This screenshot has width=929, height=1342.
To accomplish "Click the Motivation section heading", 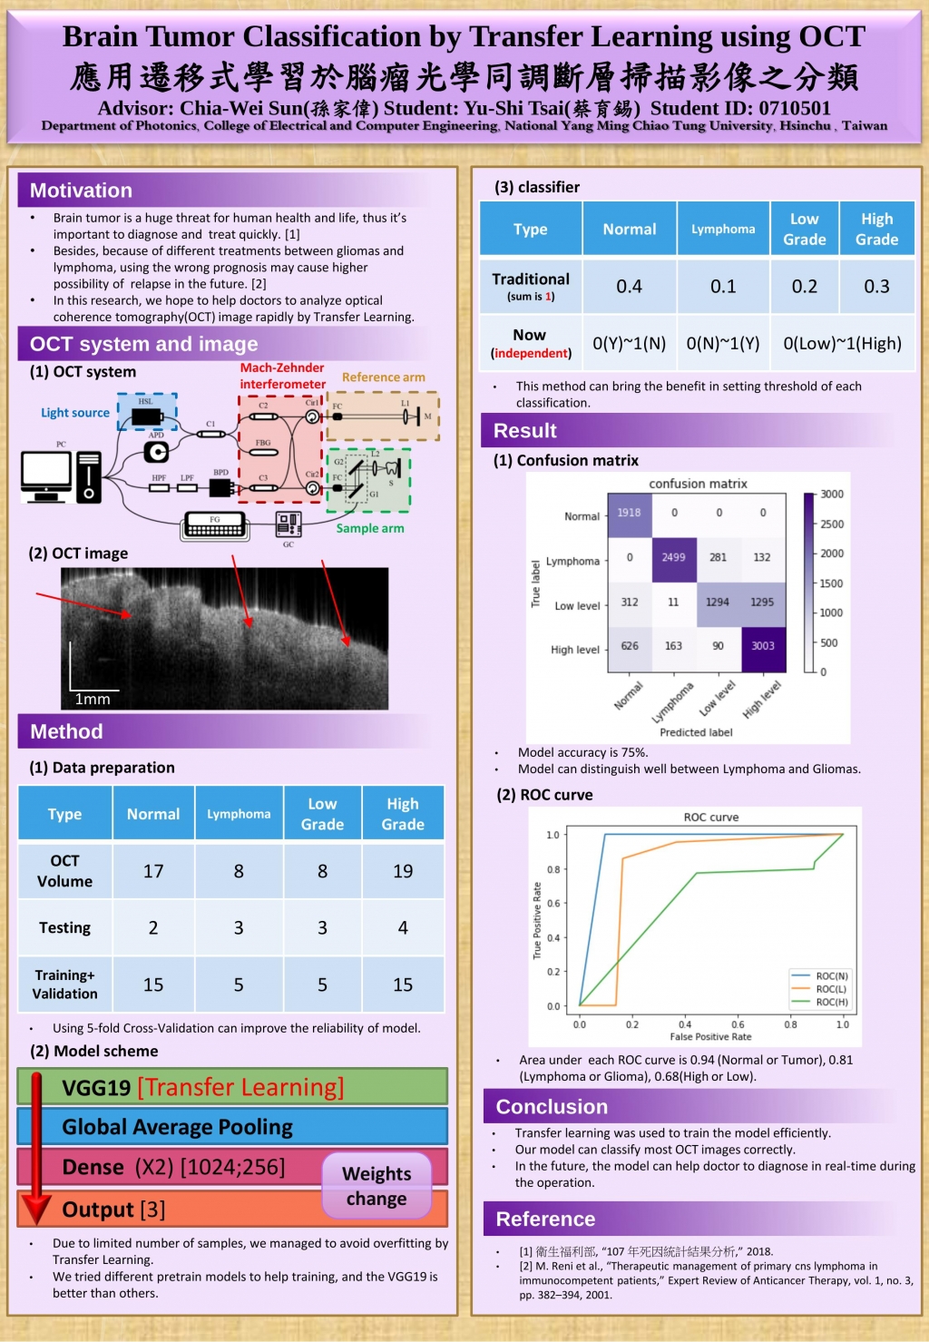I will click(x=81, y=191).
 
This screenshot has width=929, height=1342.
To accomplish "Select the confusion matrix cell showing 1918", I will click(x=629, y=513).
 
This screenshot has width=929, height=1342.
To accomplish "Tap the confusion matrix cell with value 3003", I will click(x=763, y=646).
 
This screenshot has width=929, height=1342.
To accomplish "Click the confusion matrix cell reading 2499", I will click(x=673, y=557).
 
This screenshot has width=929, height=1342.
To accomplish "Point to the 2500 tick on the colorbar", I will click(x=831, y=524).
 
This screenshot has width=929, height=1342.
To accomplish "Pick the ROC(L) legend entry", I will click(x=830, y=989).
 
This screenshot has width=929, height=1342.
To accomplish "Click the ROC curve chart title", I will click(x=711, y=818).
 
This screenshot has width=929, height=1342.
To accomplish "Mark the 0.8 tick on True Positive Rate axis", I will click(x=553, y=869).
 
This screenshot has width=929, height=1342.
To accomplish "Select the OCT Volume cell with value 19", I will click(x=403, y=871).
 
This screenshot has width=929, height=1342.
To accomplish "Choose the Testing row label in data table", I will click(x=64, y=927).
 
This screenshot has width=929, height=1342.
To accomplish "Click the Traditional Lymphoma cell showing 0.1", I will click(x=723, y=287).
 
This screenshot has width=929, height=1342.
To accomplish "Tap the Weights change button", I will click(x=376, y=1186).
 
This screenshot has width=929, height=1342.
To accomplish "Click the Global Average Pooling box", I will click(x=178, y=1127).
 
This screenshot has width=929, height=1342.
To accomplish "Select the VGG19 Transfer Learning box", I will click(x=202, y=1087).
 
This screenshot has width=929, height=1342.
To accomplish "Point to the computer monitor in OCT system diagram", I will click(x=46, y=473).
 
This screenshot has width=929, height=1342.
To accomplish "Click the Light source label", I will click(x=75, y=413).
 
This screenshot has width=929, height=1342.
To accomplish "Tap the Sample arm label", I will click(x=370, y=528).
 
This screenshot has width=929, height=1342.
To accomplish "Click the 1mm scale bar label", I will click(x=93, y=699).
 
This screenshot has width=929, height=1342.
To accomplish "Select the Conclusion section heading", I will click(x=552, y=1107).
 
